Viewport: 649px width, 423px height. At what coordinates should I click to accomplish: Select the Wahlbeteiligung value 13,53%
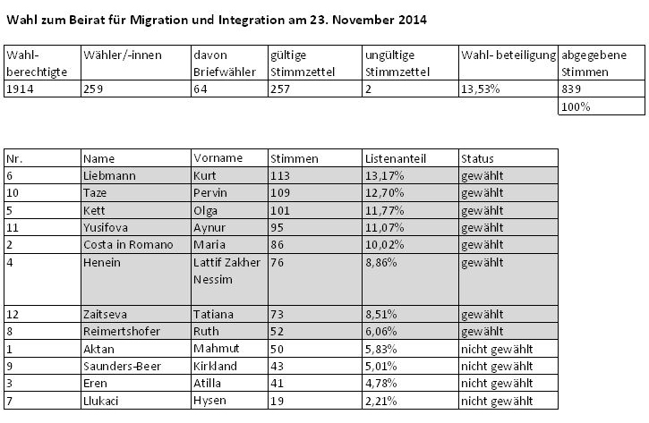pyautogui.click(x=480, y=89)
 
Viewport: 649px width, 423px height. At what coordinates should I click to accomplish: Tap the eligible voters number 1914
pyautogui.click(x=20, y=89)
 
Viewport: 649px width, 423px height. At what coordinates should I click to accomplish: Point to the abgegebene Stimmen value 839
pyautogui.click(x=571, y=89)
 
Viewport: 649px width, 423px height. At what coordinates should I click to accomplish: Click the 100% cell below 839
pyautogui.click(x=576, y=106)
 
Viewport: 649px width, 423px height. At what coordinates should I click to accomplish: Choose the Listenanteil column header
pyautogui.click(x=396, y=158)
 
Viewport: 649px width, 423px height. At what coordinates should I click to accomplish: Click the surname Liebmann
pyautogui.click(x=109, y=176)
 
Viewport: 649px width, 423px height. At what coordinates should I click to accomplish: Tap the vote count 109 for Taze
pyautogui.click(x=280, y=192)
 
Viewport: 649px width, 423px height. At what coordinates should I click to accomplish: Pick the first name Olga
pyautogui.click(x=205, y=210)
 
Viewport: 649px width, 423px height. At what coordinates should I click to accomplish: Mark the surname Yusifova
pyautogui.click(x=106, y=227)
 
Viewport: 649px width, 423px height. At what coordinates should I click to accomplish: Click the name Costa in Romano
pyautogui.click(x=128, y=244)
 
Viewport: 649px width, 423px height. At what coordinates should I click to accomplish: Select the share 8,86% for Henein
pyautogui.click(x=380, y=262)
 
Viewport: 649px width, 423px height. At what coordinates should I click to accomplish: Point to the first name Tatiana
pyautogui.click(x=213, y=314)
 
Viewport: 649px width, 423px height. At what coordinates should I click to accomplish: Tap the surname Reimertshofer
pyautogui.click(x=122, y=331)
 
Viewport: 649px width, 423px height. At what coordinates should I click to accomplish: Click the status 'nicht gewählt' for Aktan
pyautogui.click(x=497, y=349)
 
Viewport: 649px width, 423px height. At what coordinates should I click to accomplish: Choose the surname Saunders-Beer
pyautogui.click(x=122, y=366)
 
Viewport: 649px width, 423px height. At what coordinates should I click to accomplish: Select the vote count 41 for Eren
pyautogui.click(x=277, y=383)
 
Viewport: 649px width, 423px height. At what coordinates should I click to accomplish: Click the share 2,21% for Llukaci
pyautogui.click(x=380, y=401)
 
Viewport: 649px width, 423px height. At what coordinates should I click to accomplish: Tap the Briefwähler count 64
pyautogui.click(x=201, y=89)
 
